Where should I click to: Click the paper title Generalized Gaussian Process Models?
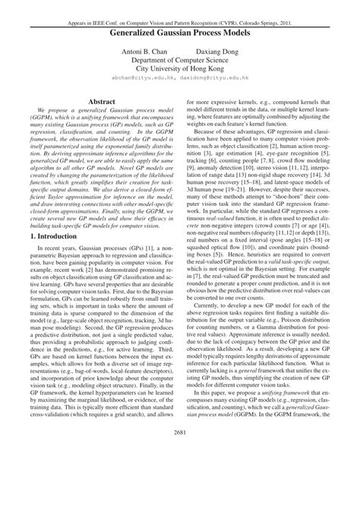tap(180, 34)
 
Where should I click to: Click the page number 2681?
tap(180, 476)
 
